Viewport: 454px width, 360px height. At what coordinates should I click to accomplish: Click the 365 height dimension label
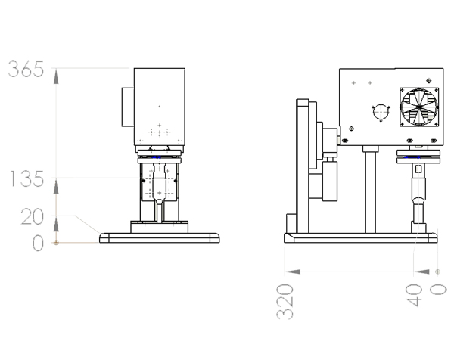(x=26, y=69)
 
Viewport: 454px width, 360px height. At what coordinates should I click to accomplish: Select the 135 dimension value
(x=27, y=178)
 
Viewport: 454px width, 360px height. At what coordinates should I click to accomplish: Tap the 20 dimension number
(x=32, y=217)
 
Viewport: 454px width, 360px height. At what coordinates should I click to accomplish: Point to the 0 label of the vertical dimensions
(x=38, y=243)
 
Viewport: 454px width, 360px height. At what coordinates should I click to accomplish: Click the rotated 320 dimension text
(x=285, y=302)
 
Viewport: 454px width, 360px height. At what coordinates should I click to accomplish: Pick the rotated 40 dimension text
(x=414, y=295)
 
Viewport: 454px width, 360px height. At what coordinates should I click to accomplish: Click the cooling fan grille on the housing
(x=419, y=107)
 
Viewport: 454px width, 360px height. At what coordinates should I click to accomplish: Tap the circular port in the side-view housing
(x=381, y=113)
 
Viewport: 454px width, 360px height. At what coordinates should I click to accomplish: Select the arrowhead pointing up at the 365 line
(x=56, y=76)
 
